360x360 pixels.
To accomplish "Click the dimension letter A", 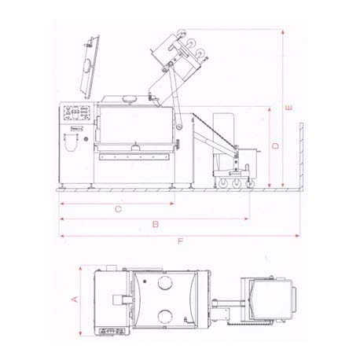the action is [75, 299].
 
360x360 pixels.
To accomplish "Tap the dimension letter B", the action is [156, 224].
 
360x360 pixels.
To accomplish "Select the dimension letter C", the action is [119, 209].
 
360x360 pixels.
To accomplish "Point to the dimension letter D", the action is [275, 145].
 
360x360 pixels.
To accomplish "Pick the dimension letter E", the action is [288, 107].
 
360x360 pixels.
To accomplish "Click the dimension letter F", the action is [180, 241].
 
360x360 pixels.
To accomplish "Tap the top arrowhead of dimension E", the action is [283, 32].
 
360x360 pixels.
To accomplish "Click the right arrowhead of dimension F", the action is [297, 236].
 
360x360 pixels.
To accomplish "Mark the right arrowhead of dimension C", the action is [172, 204].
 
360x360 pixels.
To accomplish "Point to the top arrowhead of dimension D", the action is [270, 109].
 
